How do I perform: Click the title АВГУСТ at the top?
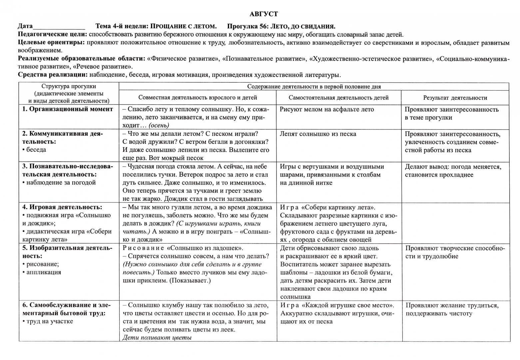263,14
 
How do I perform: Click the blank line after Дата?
59,27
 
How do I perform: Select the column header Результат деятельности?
455,98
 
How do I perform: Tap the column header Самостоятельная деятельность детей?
338,98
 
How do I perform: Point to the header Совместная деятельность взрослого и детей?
198,98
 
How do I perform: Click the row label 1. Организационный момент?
68,109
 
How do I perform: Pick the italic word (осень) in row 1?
159,125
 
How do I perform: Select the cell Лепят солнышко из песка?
318,134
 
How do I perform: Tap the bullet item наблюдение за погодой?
61,183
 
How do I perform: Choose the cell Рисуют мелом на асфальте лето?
327,109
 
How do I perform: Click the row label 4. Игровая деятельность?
62,207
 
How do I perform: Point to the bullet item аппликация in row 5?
44,272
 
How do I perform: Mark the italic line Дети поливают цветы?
157,337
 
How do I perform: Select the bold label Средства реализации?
53,75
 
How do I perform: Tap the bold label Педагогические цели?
53,35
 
